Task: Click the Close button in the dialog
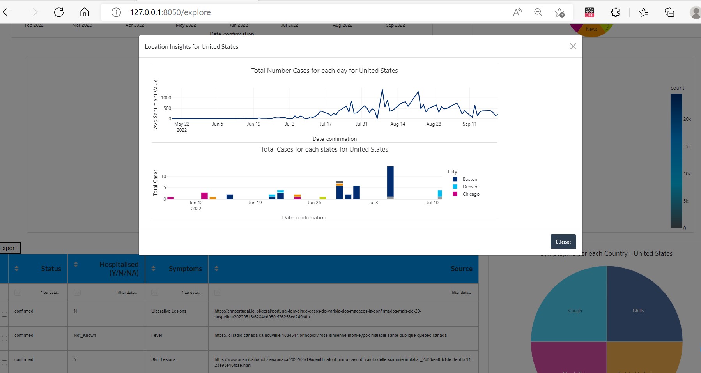click(563, 242)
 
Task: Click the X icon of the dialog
click(573, 46)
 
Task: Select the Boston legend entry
click(469, 179)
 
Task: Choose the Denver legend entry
click(470, 187)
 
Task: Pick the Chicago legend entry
click(471, 194)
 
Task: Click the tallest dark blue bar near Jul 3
click(390, 181)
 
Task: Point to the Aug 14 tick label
click(398, 124)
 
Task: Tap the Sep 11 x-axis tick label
click(469, 124)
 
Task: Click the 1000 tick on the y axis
click(166, 98)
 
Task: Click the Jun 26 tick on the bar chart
click(314, 203)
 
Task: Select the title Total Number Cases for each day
click(324, 71)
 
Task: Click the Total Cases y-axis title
click(156, 182)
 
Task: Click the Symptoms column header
click(185, 269)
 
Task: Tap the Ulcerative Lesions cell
click(169, 311)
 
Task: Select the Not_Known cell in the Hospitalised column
click(85, 335)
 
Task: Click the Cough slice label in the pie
click(575, 311)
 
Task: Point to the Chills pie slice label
click(638, 311)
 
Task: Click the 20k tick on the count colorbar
click(687, 119)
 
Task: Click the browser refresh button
click(59, 12)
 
